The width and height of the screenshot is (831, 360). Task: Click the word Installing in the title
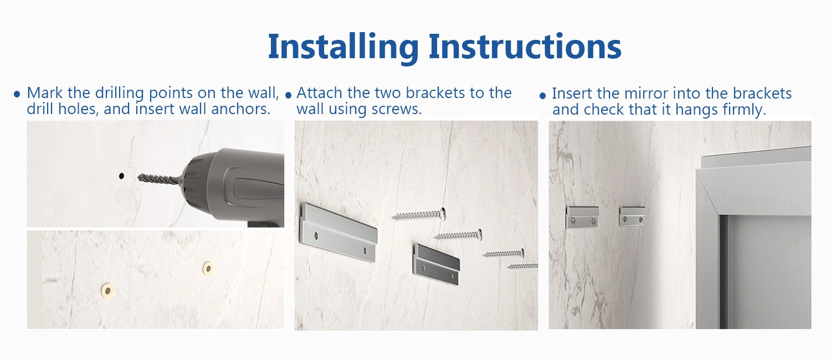[x=343, y=47]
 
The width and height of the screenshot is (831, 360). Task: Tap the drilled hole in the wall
[x=121, y=176]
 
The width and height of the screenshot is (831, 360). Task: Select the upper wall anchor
[x=208, y=268]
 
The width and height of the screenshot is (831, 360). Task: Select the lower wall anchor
[x=107, y=290]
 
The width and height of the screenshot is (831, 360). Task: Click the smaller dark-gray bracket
[x=437, y=265]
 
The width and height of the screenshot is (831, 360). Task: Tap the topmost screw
[x=418, y=214]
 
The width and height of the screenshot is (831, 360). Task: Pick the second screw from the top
[x=458, y=235]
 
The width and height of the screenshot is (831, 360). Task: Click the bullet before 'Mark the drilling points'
[x=17, y=94]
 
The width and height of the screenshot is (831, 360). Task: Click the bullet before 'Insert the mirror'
[x=542, y=96]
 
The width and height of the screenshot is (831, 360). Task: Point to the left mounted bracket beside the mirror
[x=582, y=217]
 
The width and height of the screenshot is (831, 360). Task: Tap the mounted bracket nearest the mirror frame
[x=632, y=216]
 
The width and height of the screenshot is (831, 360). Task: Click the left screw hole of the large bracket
[x=316, y=235]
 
